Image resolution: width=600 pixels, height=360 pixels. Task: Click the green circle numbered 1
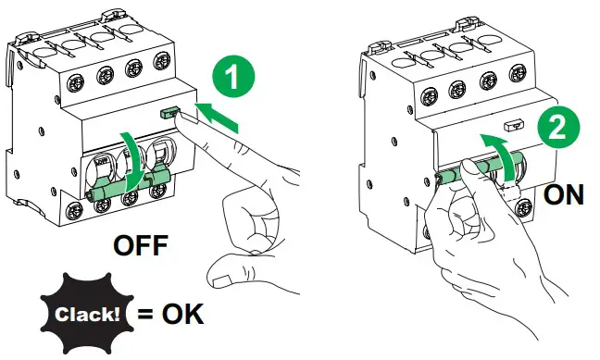[233, 76]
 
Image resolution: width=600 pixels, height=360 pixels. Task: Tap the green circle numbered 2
[558, 128]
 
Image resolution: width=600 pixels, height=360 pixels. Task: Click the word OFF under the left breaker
[141, 245]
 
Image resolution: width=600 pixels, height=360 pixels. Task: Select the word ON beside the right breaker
[564, 194]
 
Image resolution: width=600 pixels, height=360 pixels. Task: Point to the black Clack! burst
[87, 314]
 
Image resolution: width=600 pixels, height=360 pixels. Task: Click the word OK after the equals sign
[183, 314]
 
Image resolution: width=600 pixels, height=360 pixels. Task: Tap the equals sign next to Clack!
[145, 314]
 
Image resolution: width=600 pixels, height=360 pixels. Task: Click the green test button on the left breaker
[169, 112]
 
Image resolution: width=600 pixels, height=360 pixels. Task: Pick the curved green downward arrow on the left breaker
[132, 161]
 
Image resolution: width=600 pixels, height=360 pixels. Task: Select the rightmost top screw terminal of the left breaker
[162, 60]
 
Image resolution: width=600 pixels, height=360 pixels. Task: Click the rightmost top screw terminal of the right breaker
[518, 73]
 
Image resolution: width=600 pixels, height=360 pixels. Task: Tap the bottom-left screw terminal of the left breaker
[74, 211]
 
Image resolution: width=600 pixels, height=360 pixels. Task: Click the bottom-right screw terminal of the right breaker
[523, 207]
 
